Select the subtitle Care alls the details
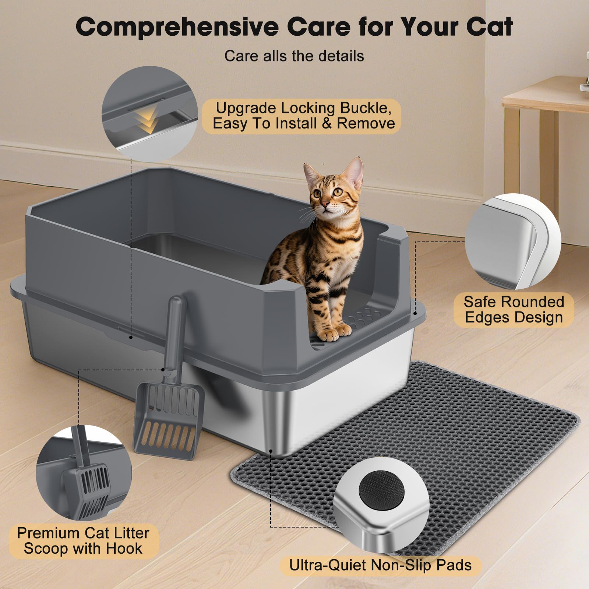point(294,56)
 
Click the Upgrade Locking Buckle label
point(303,116)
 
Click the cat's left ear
point(355,171)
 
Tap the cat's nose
point(325,204)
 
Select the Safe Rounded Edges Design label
point(514,309)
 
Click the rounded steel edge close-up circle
point(513,241)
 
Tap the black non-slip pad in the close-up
point(381,491)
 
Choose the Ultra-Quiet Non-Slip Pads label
point(380,565)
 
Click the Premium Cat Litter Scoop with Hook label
point(83,540)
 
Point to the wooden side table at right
point(545,110)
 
